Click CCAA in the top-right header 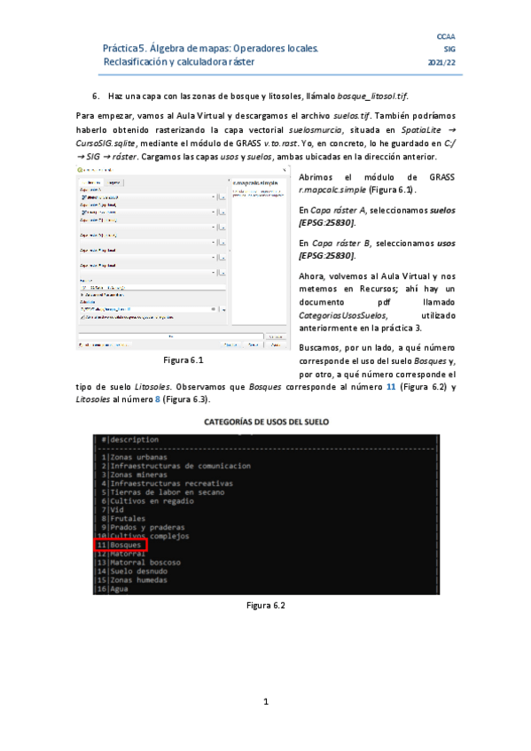tap(447, 35)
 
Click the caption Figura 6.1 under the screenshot tap(184, 360)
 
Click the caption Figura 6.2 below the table tap(265, 605)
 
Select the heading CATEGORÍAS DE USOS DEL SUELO tap(265, 422)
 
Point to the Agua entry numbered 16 tap(118, 589)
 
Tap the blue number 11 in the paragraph tap(391, 387)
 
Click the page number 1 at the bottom tap(265, 702)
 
